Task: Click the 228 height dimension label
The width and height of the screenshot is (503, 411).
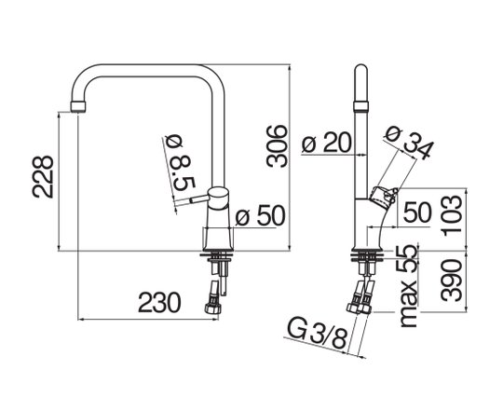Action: coord(43,177)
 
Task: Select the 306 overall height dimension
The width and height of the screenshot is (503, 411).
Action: coord(278,146)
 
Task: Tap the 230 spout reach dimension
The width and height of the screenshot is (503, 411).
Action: coord(159,302)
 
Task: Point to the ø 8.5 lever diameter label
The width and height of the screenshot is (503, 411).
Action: coord(180,164)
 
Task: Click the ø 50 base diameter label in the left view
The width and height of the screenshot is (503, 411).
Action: coord(260,215)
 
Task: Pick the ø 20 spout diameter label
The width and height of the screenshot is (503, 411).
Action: coord(327,143)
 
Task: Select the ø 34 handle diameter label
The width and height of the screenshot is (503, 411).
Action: coord(408,143)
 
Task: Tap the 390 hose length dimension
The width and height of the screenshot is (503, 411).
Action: coord(453,281)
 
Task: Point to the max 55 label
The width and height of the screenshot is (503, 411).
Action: coord(410,286)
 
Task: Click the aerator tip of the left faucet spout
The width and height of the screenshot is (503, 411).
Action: coord(78,107)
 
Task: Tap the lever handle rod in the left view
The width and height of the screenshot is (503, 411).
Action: coord(192,200)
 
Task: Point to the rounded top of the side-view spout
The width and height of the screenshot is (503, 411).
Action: coord(360,71)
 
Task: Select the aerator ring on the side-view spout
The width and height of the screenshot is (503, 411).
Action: coord(360,106)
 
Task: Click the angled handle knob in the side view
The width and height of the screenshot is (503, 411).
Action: coord(384,195)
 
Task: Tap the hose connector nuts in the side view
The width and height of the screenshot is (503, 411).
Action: coord(359,308)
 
